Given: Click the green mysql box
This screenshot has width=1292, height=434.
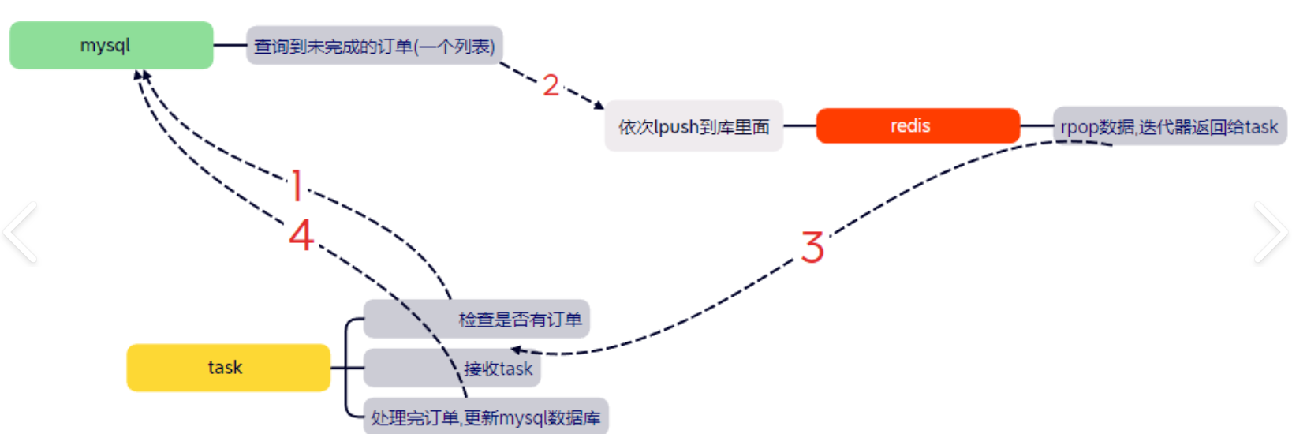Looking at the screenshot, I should [111, 45].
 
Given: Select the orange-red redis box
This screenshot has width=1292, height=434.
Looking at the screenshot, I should [917, 125].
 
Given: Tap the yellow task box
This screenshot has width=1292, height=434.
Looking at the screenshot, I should [228, 368].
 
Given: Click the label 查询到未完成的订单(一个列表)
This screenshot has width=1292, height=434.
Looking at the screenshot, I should [375, 46].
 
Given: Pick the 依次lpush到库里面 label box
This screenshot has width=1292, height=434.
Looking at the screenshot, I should [693, 126].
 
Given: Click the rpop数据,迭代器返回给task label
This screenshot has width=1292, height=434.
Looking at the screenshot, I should [1169, 126].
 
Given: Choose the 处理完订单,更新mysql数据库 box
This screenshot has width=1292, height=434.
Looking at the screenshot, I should [485, 417].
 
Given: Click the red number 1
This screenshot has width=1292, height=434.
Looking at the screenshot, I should [297, 185].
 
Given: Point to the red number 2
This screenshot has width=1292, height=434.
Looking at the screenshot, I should [551, 85].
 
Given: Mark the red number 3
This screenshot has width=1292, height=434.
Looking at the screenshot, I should [812, 247].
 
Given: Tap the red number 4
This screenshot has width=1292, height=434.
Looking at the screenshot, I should [301, 235].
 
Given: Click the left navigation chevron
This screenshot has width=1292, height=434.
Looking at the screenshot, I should [21, 232].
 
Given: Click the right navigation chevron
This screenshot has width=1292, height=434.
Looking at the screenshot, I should [1270, 232].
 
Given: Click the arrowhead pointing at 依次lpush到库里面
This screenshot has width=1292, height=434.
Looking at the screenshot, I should [599, 104].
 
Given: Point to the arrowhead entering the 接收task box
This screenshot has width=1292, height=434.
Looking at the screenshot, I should [516, 350].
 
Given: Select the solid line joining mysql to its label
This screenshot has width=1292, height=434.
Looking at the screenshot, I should [230, 45].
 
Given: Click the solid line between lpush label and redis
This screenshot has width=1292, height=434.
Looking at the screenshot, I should [799, 125].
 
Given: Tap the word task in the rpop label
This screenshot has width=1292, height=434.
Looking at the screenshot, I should [1261, 126].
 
